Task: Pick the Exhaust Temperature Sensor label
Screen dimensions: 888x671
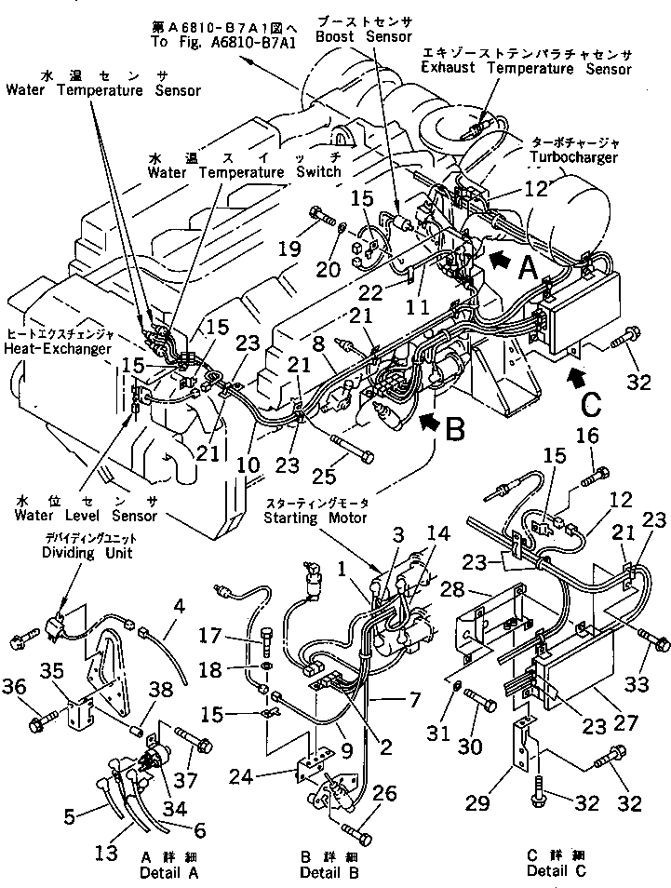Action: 539,68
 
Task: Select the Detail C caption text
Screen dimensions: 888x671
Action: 555,870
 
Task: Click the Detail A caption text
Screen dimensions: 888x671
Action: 170,872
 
